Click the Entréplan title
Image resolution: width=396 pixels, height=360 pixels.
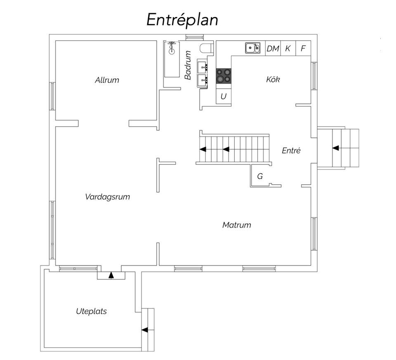pos(182,20)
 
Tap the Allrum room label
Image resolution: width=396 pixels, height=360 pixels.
pos(107,80)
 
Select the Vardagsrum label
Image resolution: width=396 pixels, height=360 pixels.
pos(108,197)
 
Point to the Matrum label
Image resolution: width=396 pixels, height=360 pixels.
pos(237,225)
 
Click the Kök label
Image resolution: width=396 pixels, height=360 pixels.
pos(273,79)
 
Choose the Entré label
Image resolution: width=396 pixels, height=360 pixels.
pos(291,151)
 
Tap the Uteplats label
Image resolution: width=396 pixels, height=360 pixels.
pos(92,311)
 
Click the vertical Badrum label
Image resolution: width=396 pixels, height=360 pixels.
pos(188,65)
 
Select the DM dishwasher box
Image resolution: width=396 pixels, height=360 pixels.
pos(273,48)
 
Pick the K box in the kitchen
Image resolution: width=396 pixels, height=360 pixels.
pos(288,48)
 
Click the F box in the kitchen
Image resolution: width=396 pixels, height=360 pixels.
pos(303,48)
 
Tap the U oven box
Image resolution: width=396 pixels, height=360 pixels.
pos(224,96)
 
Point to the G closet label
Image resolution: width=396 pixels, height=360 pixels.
pos(260,176)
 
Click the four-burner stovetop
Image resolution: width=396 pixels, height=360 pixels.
pos(224,76)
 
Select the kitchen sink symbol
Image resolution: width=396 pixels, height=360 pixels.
pos(252,48)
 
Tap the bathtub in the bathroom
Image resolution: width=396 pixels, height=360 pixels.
pos(172,59)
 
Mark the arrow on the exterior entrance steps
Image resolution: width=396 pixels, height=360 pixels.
pos(336,148)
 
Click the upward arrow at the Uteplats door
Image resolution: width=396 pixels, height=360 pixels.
pos(111,275)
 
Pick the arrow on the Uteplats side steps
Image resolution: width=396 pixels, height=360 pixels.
pos(145,330)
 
